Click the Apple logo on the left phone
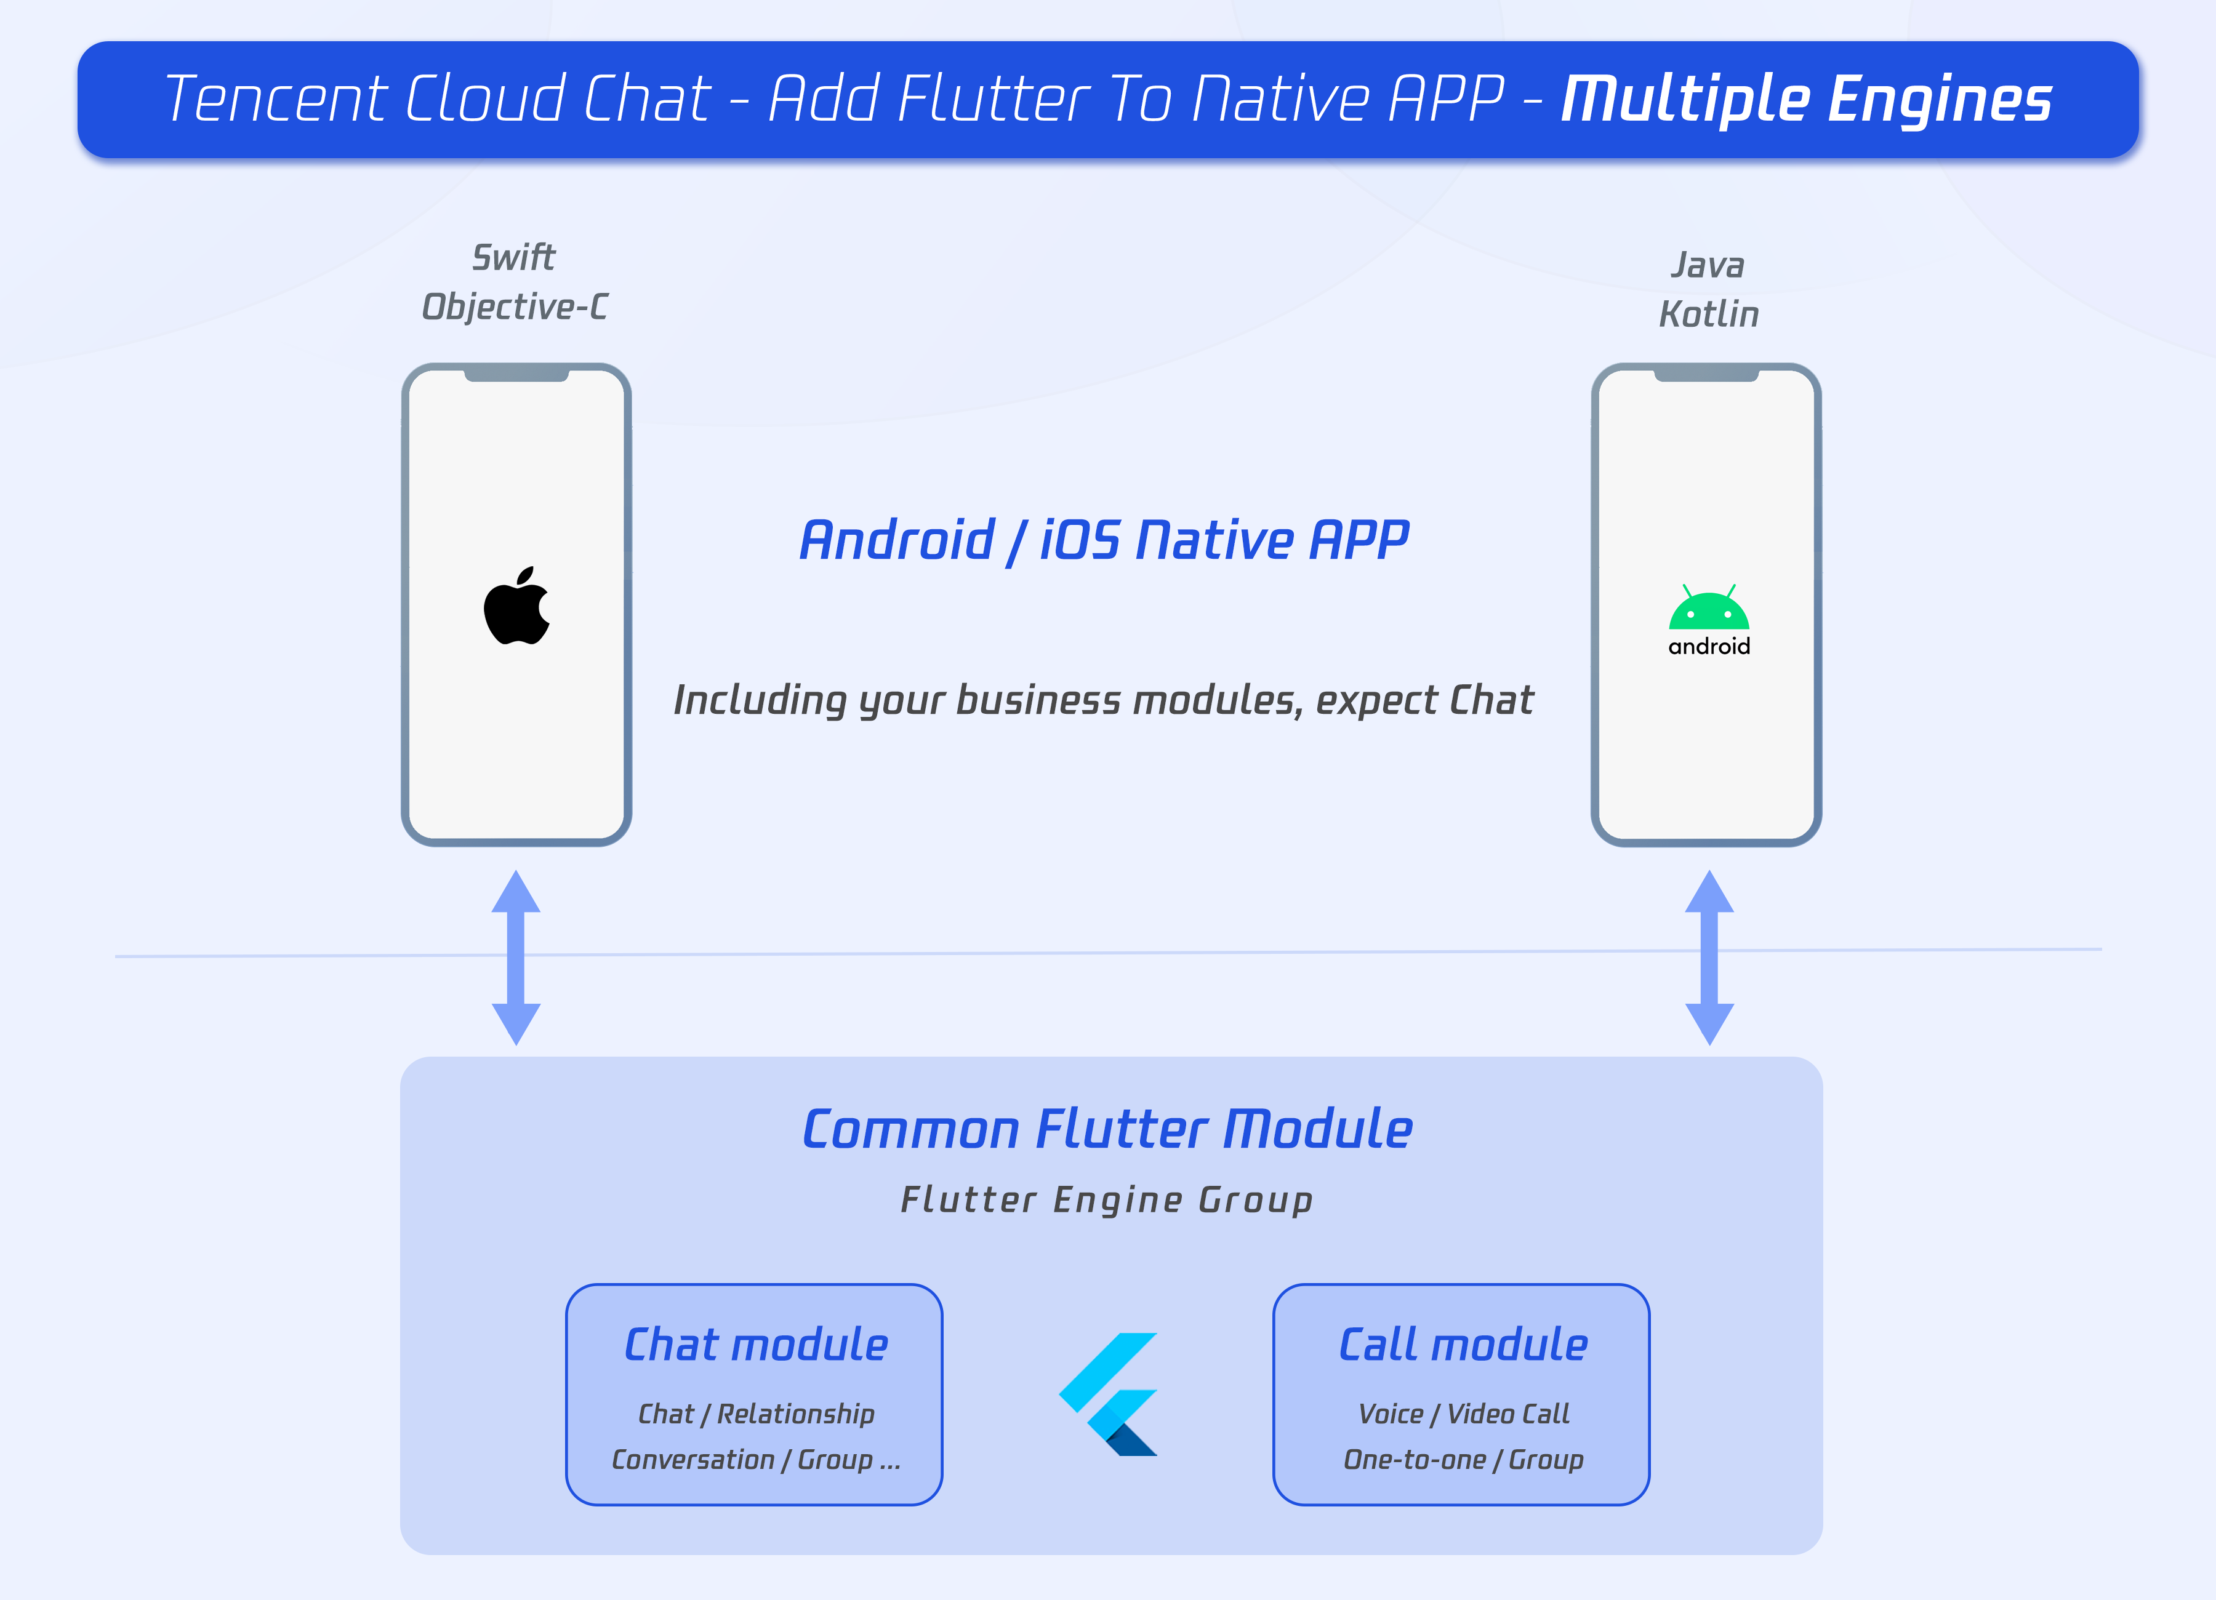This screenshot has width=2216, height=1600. point(517,607)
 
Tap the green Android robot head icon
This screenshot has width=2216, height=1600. point(1708,609)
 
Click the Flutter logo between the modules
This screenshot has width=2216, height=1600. point(1109,1394)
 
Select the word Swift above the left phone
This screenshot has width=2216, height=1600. point(514,258)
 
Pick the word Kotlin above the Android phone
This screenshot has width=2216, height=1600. point(1708,314)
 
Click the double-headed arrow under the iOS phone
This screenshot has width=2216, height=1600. point(516,958)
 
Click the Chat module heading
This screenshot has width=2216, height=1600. point(755,1345)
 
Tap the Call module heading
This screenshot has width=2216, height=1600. point(1463,1345)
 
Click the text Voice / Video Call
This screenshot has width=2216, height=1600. point(1463,1414)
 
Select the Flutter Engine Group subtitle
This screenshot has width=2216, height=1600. point(1107,1199)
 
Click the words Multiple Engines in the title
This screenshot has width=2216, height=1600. point(1805,100)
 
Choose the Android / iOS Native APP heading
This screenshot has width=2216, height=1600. point(1104,540)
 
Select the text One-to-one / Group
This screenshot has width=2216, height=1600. point(1463,1459)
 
